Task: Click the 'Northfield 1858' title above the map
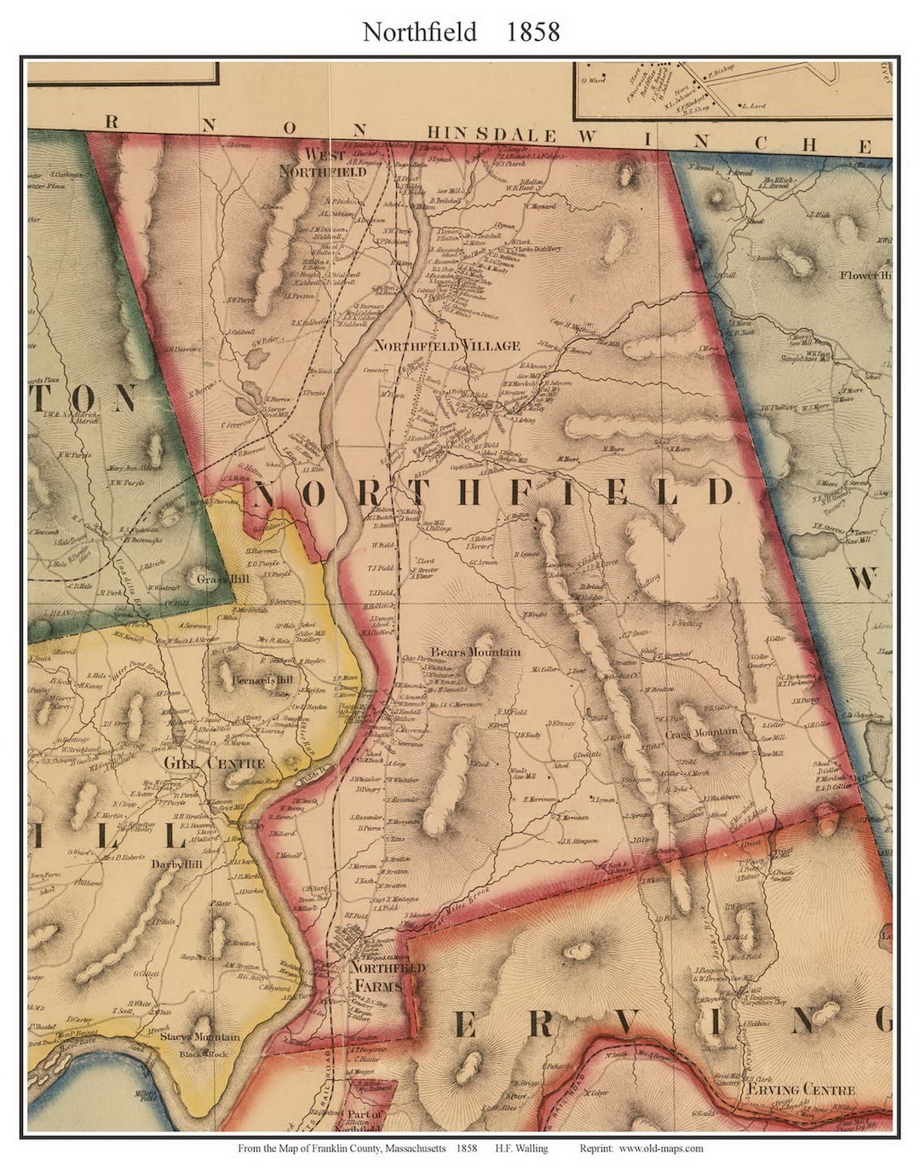(461, 32)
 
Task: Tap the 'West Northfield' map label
(324, 163)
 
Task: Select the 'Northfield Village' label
(446, 346)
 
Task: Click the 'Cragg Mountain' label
(701, 733)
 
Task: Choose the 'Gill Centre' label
(214, 763)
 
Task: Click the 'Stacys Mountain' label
(197, 1037)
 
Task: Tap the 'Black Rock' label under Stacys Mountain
(202, 1054)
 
